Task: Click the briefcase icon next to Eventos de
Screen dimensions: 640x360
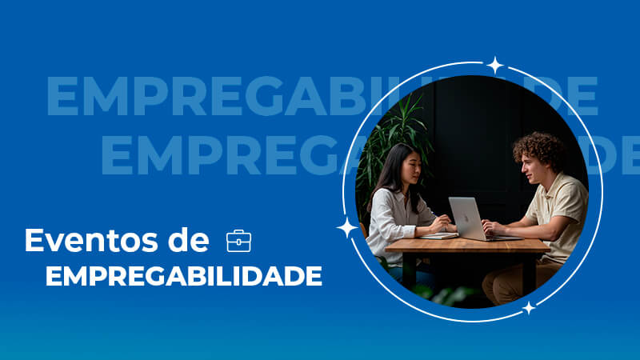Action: click(238, 241)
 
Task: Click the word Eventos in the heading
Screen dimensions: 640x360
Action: click(91, 241)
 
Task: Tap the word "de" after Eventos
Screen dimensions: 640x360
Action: click(189, 240)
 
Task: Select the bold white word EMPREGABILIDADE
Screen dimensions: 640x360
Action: click(184, 276)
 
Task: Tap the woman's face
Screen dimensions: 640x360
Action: click(411, 167)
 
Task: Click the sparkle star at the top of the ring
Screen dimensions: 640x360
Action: click(495, 66)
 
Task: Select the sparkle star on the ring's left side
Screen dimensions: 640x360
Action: click(347, 228)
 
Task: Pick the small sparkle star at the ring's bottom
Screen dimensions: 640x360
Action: click(529, 308)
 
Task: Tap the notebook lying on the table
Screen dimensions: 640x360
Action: click(438, 235)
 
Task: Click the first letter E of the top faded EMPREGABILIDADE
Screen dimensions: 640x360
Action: click(62, 96)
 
